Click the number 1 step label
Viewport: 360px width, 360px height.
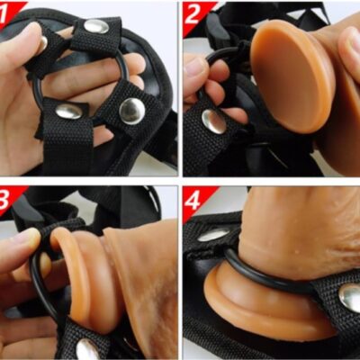4,15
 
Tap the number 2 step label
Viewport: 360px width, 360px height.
193,15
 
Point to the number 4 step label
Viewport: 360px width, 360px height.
193,202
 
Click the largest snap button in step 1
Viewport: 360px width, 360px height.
132,111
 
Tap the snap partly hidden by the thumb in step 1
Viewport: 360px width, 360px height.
44,43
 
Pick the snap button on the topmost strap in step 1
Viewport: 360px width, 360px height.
96,26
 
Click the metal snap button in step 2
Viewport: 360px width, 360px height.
213,121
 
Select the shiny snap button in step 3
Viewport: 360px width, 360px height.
87,350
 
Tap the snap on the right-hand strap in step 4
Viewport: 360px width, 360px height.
350,299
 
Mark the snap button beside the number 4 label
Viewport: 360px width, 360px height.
213,235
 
